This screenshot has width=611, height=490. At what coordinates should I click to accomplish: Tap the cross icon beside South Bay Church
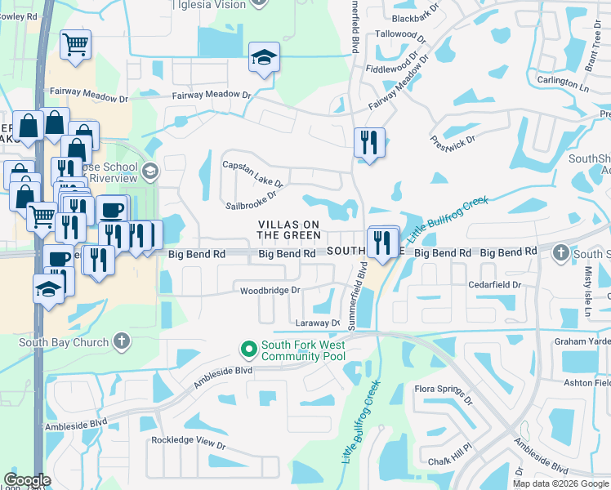[x=121, y=341]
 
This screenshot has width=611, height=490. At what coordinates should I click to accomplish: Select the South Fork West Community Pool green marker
[x=248, y=350]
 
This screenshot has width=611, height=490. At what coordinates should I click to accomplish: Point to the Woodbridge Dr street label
[x=270, y=290]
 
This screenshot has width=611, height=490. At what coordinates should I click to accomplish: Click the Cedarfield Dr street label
[x=494, y=284]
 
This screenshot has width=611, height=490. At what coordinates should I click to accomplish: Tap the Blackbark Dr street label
[x=415, y=17]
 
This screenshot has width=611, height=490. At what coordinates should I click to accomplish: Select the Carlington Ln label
[x=562, y=83]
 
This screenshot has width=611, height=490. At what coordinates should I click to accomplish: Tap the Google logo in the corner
[x=28, y=481]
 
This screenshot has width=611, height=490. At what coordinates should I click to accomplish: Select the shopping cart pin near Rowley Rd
[x=75, y=44]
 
